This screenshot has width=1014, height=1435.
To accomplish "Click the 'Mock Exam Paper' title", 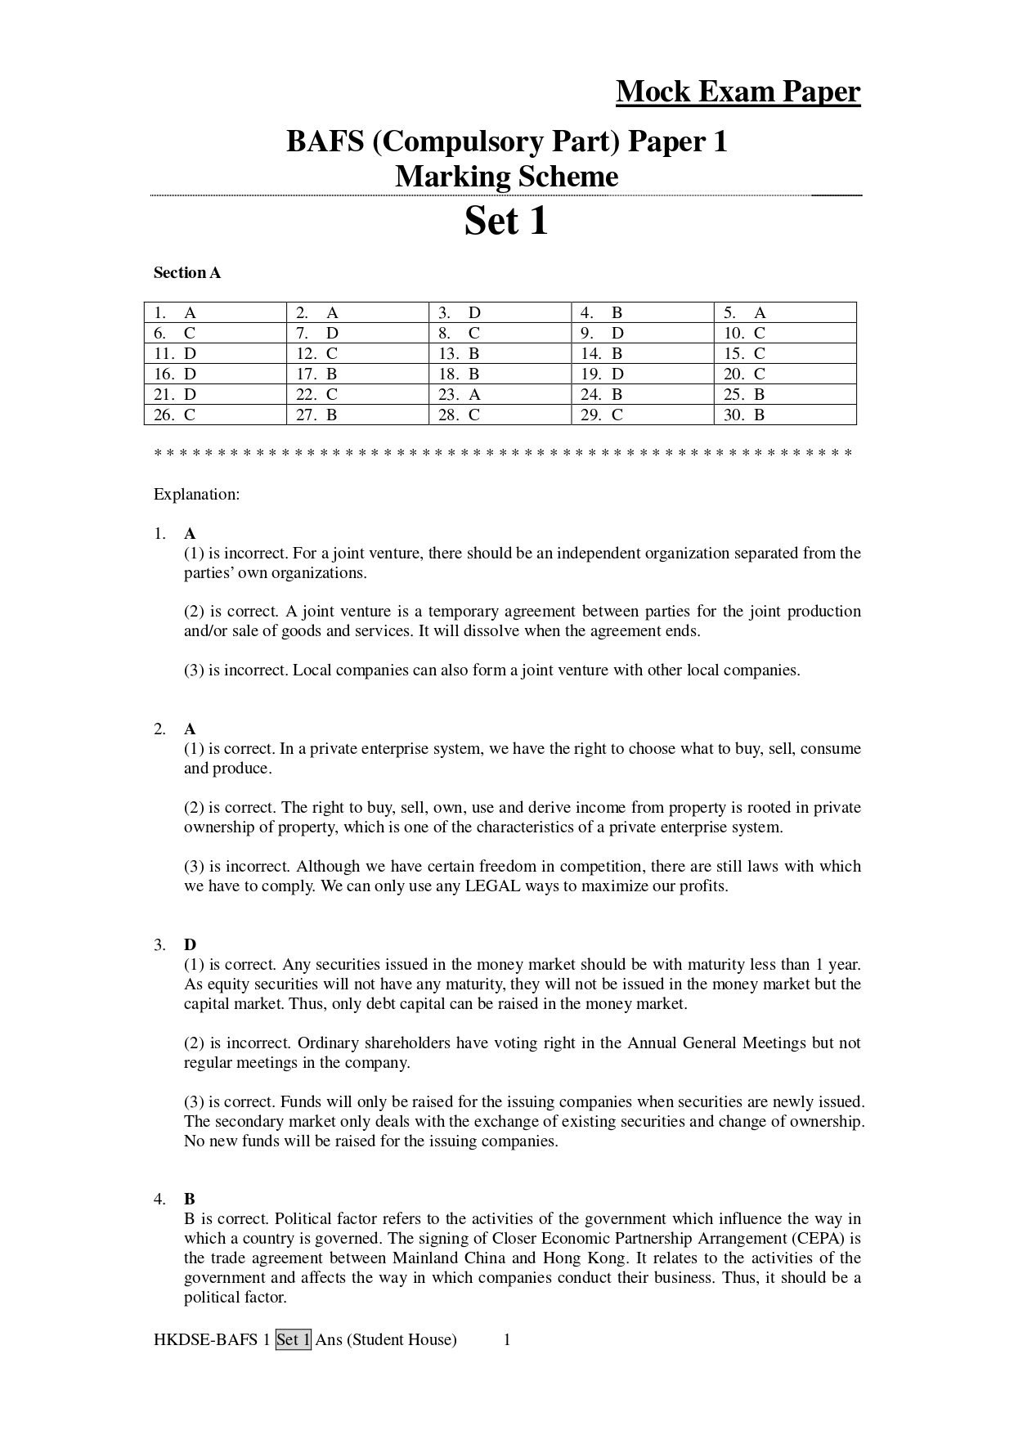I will tap(738, 92).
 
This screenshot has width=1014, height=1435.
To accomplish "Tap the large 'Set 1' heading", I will tap(506, 221).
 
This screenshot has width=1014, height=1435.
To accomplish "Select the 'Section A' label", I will tap(187, 273).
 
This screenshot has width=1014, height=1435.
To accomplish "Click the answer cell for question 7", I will tap(357, 333).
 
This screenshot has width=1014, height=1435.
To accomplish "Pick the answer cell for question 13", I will tap(500, 353).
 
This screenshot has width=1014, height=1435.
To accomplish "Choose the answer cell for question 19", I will tap(642, 374).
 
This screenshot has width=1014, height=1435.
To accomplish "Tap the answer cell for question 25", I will tap(785, 394).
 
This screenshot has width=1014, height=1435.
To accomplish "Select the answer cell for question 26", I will tap(215, 415).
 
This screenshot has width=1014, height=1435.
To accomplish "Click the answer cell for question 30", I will tap(785, 415).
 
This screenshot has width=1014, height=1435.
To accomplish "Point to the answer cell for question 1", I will tap(215, 312).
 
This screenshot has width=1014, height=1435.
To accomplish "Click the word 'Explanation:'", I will tap(196, 495).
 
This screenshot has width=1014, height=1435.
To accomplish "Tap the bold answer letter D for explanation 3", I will tap(190, 945).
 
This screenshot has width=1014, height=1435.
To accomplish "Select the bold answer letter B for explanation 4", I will tap(190, 1200).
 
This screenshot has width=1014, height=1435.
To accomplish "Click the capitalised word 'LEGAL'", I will tap(492, 886).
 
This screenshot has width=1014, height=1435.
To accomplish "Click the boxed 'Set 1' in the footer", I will tap(294, 1340).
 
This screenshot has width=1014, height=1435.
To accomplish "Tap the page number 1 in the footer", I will tap(507, 1340).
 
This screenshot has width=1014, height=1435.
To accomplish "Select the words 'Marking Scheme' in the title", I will tap(506, 177).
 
